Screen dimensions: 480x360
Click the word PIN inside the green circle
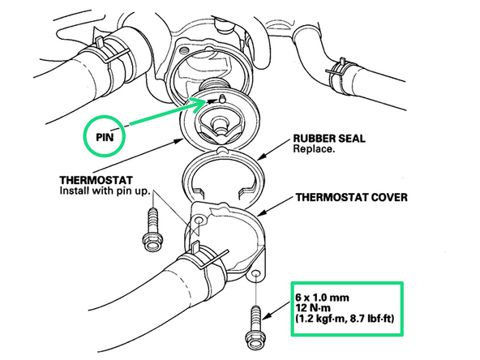tap(105, 137)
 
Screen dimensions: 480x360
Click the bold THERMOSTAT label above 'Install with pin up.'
tap(96, 180)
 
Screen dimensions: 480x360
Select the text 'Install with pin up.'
tap(105, 191)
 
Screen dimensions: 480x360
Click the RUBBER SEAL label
tap(329, 139)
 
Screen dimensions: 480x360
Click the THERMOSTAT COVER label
tap(351, 197)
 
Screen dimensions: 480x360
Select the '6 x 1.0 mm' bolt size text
tap(323, 298)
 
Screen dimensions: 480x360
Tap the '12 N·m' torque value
tap(313, 307)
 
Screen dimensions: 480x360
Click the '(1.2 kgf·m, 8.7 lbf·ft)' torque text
tap(345, 319)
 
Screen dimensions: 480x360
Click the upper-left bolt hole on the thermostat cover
tap(199, 220)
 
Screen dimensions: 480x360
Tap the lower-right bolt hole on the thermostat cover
tap(256, 273)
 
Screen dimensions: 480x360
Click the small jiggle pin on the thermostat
tap(222, 99)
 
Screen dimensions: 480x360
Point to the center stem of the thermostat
tap(219, 125)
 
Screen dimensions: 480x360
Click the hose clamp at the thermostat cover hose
tap(206, 258)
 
